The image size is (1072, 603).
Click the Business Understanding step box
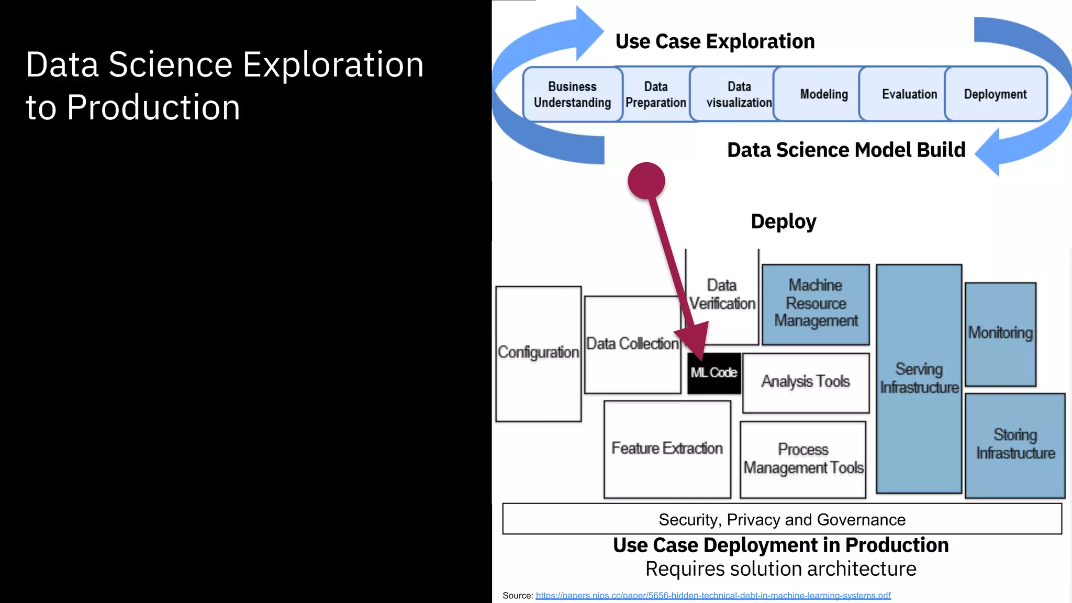pos(572,94)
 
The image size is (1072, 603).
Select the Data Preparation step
pos(656,94)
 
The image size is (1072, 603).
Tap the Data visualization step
pos(739,94)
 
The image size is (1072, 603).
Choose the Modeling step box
pos(823,94)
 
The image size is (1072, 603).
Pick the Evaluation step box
pos(909,94)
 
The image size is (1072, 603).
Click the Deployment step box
pos(995,94)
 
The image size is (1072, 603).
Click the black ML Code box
pos(713,373)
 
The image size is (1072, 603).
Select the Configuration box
pos(538,353)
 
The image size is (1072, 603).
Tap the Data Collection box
pos(632,344)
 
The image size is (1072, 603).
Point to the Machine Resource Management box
pos(816,304)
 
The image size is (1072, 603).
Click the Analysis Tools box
pos(806,382)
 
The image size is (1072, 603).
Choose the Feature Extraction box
pos(667,449)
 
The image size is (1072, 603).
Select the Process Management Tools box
pos(803,459)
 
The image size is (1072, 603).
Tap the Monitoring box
pos(1000,333)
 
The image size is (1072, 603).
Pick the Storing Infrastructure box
pos(1015,444)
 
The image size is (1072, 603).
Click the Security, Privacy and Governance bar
pos(782,519)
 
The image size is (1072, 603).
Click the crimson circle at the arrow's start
pos(646,181)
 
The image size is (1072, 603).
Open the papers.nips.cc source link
pos(713,596)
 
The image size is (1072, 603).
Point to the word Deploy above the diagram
pos(783,222)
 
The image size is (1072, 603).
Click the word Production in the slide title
pos(153,108)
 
